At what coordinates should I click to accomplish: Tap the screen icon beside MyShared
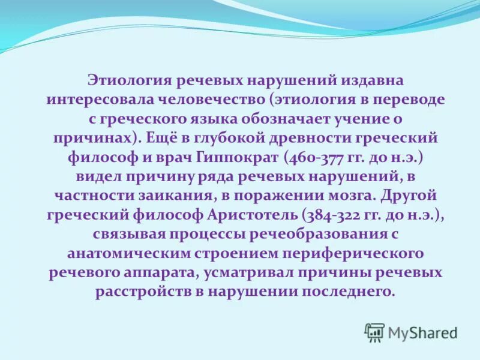pyautogui.click(x=374, y=332)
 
